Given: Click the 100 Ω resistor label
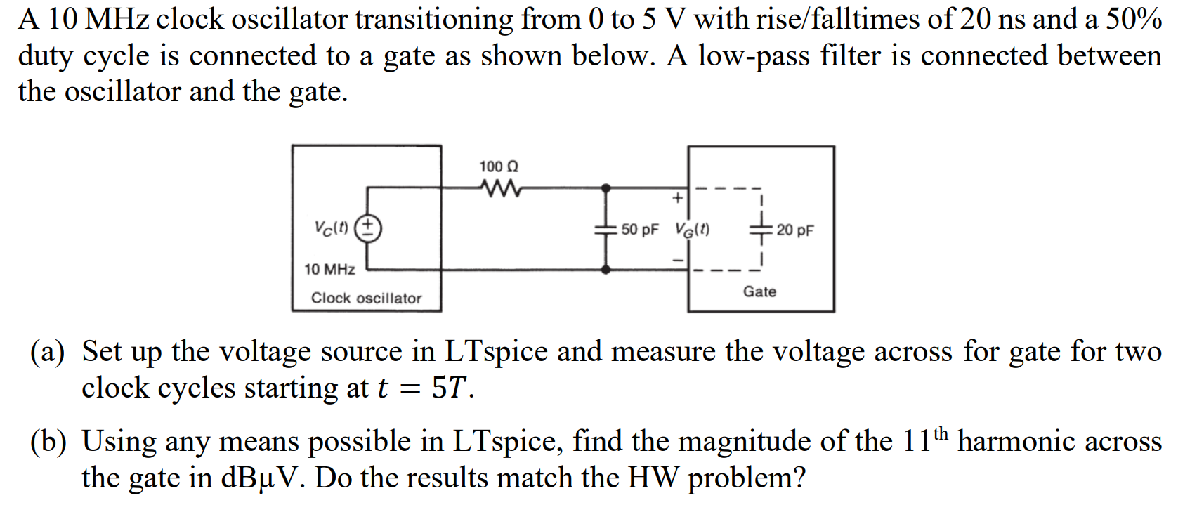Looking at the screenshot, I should [x=499, y=167].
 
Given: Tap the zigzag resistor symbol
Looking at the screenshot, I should [x=500, y=188].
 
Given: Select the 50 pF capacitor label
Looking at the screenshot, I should [x=640, y=230].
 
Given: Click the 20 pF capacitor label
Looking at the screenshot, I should [x=795, y=230].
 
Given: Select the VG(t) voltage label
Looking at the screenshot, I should [x=693, y=230].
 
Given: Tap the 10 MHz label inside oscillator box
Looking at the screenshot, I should [x=329, y=270].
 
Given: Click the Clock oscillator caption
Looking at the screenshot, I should [x=366, y=299].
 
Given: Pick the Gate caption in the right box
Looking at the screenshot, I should [x=759, y=291].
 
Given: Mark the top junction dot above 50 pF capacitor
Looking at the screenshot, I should [x=606, y=188].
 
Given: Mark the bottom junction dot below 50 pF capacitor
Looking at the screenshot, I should [x=606, y=269].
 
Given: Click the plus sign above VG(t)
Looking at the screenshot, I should [x=677, y=199].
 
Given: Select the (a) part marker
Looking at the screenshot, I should [x=47, y=352].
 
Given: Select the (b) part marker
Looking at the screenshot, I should [x=47, y=442].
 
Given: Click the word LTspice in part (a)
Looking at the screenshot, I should [x=495, y=352].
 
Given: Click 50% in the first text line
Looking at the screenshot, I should [x=1134, y=20].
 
